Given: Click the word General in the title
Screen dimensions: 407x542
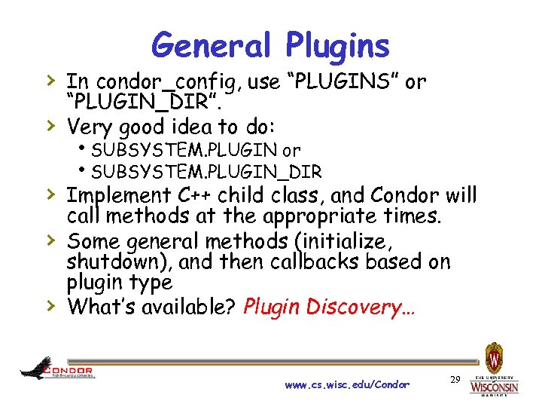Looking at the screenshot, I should [212, 45].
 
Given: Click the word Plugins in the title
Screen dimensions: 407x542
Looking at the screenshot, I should [338, 47].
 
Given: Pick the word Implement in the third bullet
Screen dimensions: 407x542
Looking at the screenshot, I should [117, 195].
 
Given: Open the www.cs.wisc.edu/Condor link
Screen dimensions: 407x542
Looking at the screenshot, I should [347, 384].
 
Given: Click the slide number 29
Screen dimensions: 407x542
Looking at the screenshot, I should [454, 380].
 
